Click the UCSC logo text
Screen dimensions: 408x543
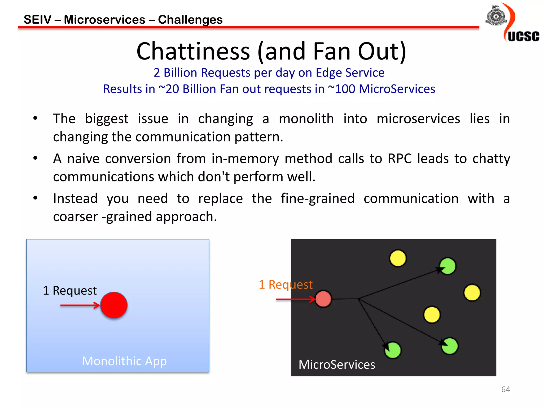point(523,36)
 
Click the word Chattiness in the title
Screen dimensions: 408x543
point(193,51)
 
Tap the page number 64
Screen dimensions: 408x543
point(505,389)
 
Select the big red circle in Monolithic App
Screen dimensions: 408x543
point(114,305)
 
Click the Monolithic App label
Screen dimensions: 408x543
point(124,361)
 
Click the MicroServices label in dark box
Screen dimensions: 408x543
point(337,364)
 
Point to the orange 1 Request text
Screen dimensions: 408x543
point(286,284)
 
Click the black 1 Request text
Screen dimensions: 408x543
point(70,290)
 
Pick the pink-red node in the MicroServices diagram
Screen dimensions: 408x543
point(323,299)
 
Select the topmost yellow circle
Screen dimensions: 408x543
point(398,258)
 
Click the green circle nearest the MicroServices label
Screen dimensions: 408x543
point(393,350)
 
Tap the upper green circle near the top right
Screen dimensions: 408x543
point(448,266)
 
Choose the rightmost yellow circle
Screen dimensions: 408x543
point(472,292)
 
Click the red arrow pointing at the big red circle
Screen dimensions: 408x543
point(80,305)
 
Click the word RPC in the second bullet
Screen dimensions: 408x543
point(400,159)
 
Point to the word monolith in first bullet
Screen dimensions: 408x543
point(306,118)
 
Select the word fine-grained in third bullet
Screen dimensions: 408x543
point(318,198)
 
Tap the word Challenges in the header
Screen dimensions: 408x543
point(190,20)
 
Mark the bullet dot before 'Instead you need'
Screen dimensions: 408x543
point(35,198)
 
